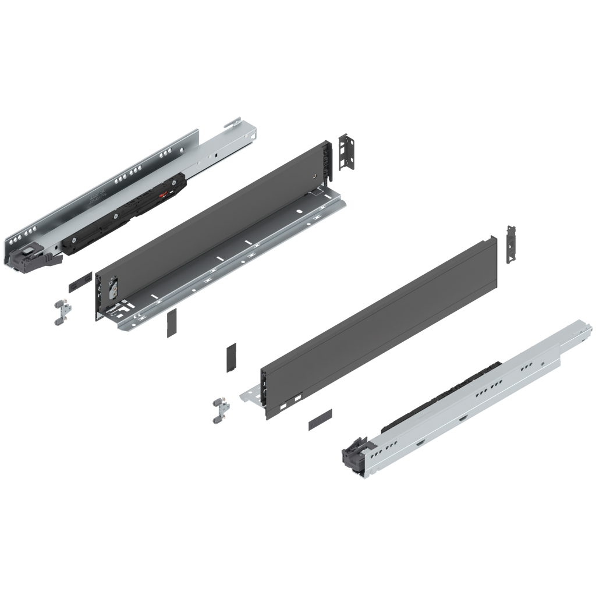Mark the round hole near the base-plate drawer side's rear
314,175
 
